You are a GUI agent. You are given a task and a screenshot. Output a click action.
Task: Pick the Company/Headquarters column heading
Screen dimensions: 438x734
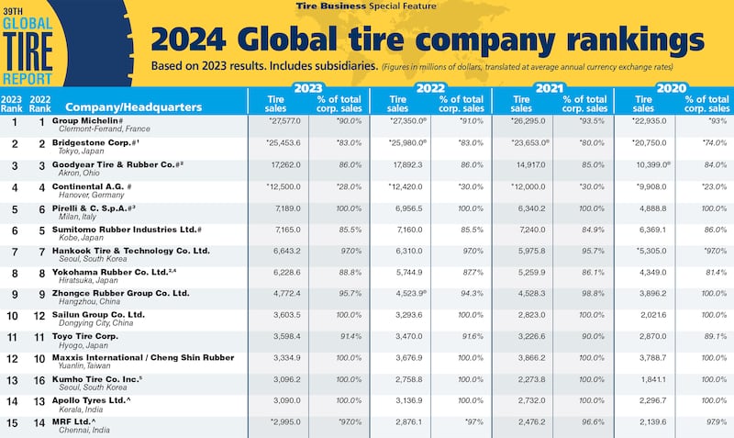pyautogui.click(x=134, y=107)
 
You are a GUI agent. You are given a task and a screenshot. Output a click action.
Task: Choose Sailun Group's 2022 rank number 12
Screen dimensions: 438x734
pyautogui.click(x=39, y=315)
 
